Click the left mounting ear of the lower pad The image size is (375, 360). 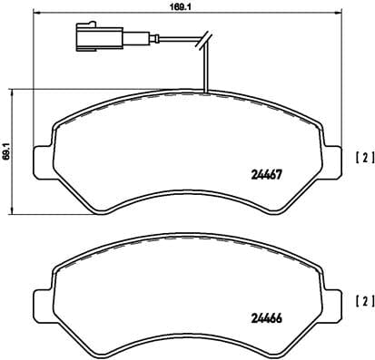click(x=41, y=300)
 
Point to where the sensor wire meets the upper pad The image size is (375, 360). click(x=207, y=92)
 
